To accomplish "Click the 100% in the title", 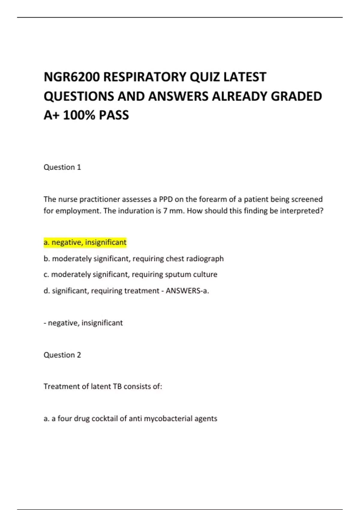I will pyautogui.click(x=79, y=115).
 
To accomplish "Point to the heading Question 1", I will pyautogui.click(x=62, y=167).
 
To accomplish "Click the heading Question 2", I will pyautogui.click(x=62, y=355).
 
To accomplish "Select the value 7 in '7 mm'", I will pyautogui.click(x=165, y=211).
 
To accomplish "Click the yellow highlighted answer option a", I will pyautogui.click(x=85, y=242).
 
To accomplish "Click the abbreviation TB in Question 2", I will pyautogui.click(x=117, y=386).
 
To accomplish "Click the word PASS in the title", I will pyautogui.click(x=114, y=115).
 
